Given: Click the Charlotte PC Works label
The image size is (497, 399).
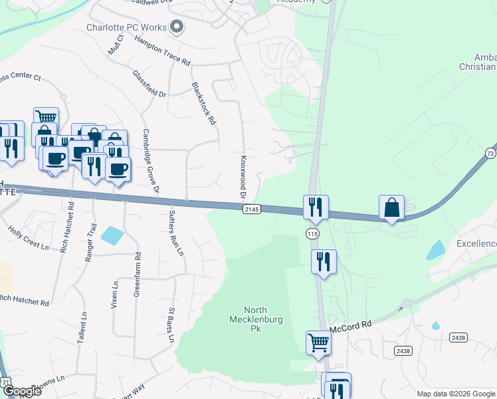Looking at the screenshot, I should [127, 27].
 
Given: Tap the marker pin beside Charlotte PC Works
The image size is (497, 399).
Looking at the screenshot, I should [177, 27].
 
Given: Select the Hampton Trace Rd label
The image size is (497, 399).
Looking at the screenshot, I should [162, 50].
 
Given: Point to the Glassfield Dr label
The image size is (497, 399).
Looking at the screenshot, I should [149, 84].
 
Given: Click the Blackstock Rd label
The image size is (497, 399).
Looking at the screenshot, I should [204, 103].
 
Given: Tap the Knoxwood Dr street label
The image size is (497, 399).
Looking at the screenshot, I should [243, 177].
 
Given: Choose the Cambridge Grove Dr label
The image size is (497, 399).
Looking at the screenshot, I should [151, 162].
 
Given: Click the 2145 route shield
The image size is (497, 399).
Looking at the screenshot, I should [251, 209].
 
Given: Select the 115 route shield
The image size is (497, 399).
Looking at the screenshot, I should [312, 233].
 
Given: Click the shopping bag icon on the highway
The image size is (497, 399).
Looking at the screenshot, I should [392, 208].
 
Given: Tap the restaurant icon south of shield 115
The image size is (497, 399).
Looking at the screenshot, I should [324, 261].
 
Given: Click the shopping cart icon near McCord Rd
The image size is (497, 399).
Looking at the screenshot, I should [318, 343].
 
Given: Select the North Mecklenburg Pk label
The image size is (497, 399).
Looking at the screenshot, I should [264, 319].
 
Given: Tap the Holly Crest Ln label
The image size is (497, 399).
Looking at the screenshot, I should [29, 237].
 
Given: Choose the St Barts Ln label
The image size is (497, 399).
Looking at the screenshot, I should [171, 325].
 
